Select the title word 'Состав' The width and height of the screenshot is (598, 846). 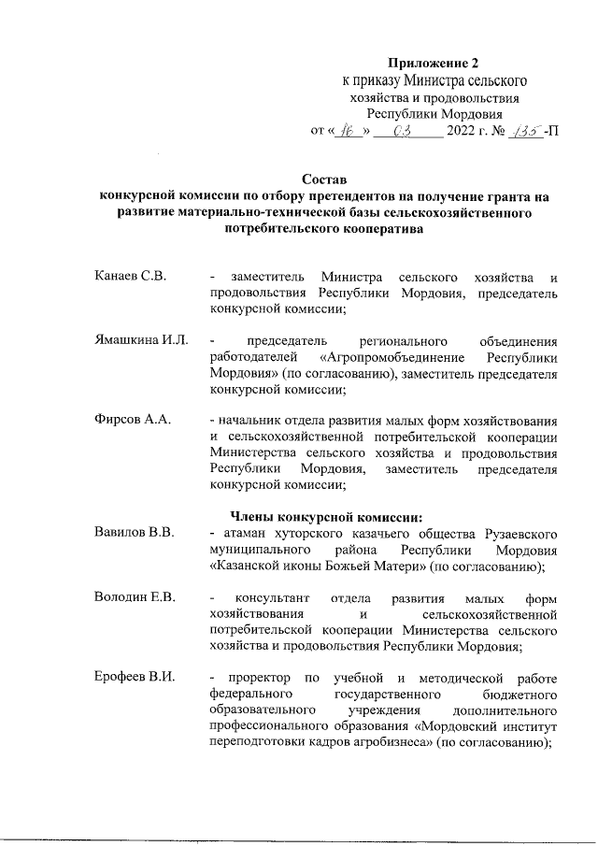coord(323,179)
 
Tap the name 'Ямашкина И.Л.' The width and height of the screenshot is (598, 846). coord(141,340)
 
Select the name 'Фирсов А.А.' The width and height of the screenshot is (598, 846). coord(132,420)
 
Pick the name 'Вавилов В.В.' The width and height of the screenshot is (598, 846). coord(135,533)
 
